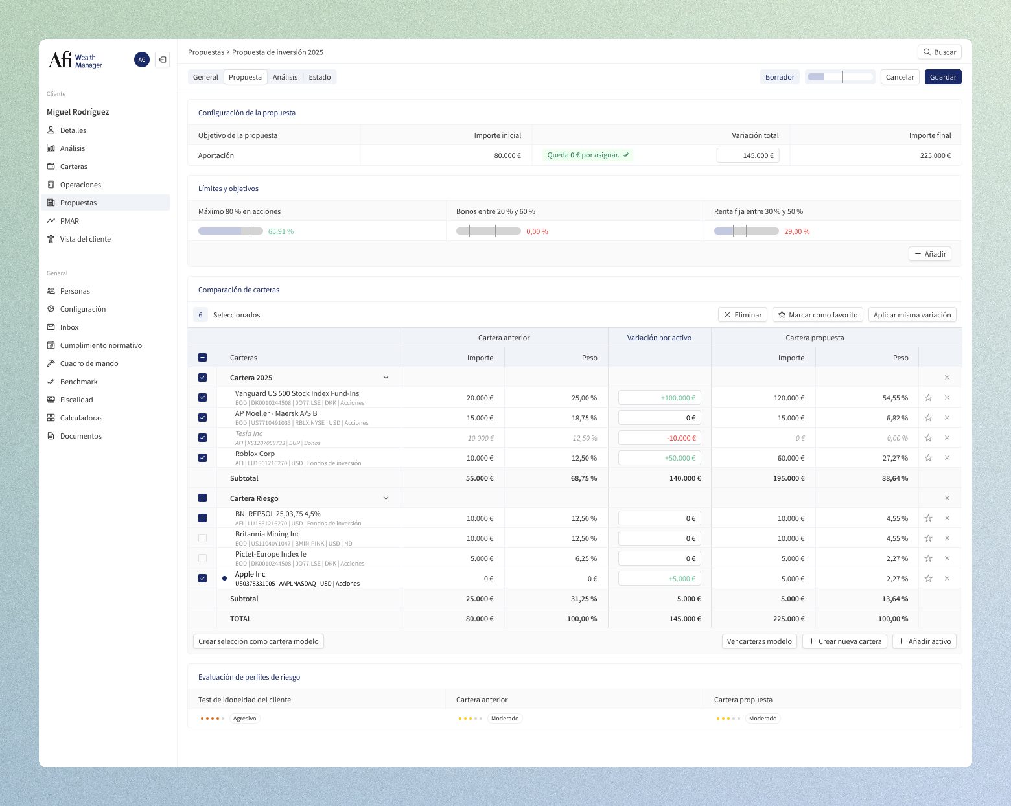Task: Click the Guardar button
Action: (942, 77)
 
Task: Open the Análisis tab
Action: (285, 77)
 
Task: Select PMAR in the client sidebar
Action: (69, 221)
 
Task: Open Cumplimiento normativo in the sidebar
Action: (100, 345)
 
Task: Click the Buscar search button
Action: (940, 52)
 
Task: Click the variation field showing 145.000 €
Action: (748, 155)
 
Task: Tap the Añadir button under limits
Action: (929, 254)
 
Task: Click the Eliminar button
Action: (743, 315)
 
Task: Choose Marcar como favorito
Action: (817, 315)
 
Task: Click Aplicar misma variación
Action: (912, 315)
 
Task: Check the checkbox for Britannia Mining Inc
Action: (203, 538)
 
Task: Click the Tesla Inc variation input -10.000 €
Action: (659, 438)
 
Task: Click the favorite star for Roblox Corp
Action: (928, 458)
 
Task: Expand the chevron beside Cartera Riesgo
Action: (386, 498)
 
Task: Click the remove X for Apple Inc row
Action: (947, 579)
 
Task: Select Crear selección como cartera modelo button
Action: (259, 641)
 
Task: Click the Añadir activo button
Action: (924, 641)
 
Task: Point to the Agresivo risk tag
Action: (244, 719)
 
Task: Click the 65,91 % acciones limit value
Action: (281, 231)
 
